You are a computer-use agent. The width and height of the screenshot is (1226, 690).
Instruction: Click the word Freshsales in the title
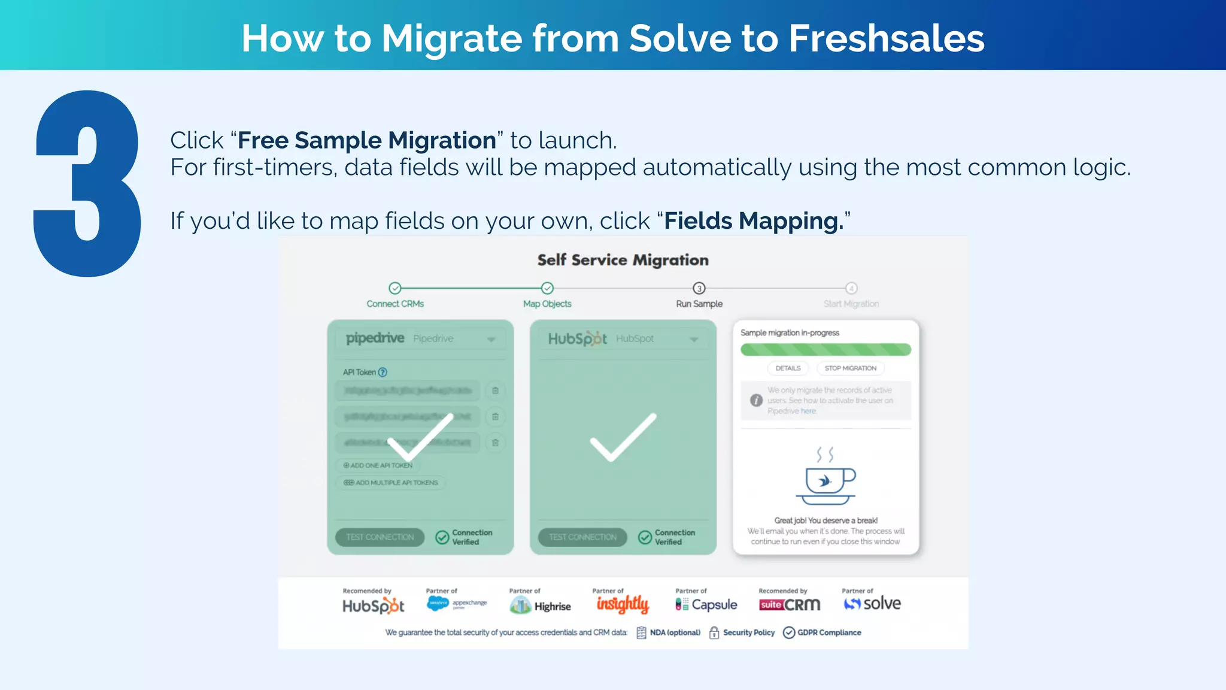point(886,38)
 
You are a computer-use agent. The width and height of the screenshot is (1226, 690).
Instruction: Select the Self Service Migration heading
point(623,260)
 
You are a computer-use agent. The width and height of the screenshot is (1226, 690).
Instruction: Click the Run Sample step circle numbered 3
point(699,288)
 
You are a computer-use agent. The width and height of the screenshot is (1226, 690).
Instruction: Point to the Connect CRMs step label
point(395,304)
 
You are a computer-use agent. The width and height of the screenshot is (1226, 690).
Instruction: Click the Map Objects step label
point(547,304)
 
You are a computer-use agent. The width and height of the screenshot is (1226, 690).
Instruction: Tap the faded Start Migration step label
point(851,304)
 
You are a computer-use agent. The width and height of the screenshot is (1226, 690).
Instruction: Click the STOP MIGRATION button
point(850,368)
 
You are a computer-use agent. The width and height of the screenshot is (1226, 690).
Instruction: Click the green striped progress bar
point(826,350)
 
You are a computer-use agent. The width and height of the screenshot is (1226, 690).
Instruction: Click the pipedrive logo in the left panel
point(375,338)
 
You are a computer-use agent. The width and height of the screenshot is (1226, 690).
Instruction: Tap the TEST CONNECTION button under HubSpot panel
point(582,537)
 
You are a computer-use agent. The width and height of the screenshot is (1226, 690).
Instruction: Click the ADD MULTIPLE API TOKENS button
point(391,483)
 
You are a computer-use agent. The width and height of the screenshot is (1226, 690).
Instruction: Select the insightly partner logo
point(623,604)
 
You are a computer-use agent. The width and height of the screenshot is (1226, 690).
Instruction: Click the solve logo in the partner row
point(872,604)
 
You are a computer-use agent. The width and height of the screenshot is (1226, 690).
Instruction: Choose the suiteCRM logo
point(790,605)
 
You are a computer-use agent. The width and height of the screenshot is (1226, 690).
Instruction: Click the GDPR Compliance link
point(829,632)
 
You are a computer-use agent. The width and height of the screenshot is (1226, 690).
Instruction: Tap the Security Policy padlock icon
point(714,632)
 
